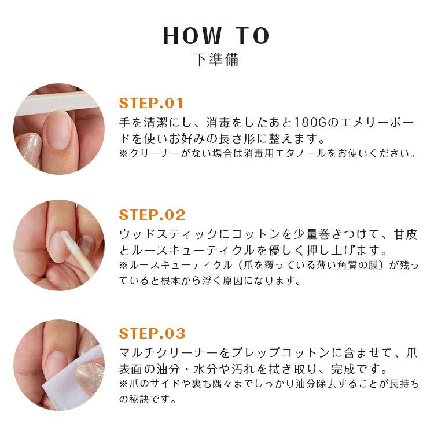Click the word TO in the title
coord(252,36)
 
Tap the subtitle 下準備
coord(216,60)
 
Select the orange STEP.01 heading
coord(151,104)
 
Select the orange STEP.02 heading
coord(152,215)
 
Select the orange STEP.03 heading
coord(152,333)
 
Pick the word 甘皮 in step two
coord(403,235)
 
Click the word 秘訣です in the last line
coord(152,399)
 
